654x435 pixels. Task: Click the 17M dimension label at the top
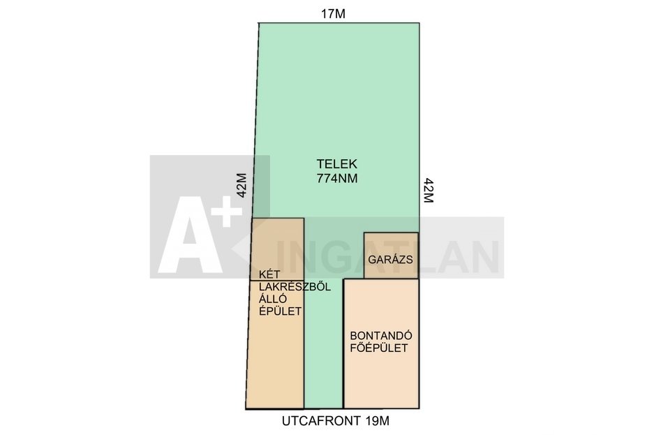pos(333,14)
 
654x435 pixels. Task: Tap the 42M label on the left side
pos(242,185)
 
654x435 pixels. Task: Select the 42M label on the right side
pos(429,190)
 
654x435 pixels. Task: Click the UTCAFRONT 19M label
pos(336,421)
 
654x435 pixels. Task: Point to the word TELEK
pos(336,163)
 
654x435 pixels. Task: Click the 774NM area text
pos(337,178)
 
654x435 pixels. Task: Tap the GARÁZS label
pos(390,260)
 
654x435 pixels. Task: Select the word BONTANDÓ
pos(381,336)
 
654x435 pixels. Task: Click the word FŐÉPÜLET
pos(379,348)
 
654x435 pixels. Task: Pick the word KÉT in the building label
pos(269,274)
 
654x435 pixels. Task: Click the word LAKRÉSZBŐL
pos(295,287)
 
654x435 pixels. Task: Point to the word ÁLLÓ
pos(273,299)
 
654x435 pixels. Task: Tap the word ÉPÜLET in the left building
pos(281,311)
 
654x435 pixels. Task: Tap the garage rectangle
pos(391,256)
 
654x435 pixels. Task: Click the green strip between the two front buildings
pos(324,343)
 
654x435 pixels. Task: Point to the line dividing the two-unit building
pos(277,280)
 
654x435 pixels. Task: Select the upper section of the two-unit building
pos(277,249)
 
